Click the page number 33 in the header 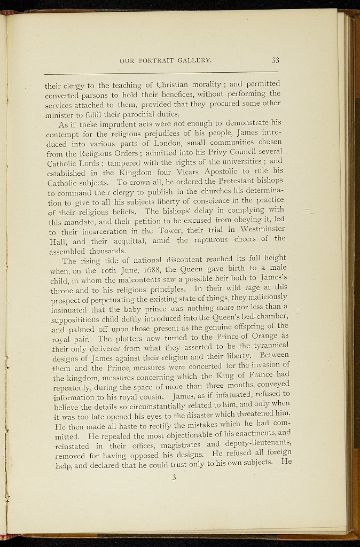point(275,60)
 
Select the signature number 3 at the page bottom point(174,478)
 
